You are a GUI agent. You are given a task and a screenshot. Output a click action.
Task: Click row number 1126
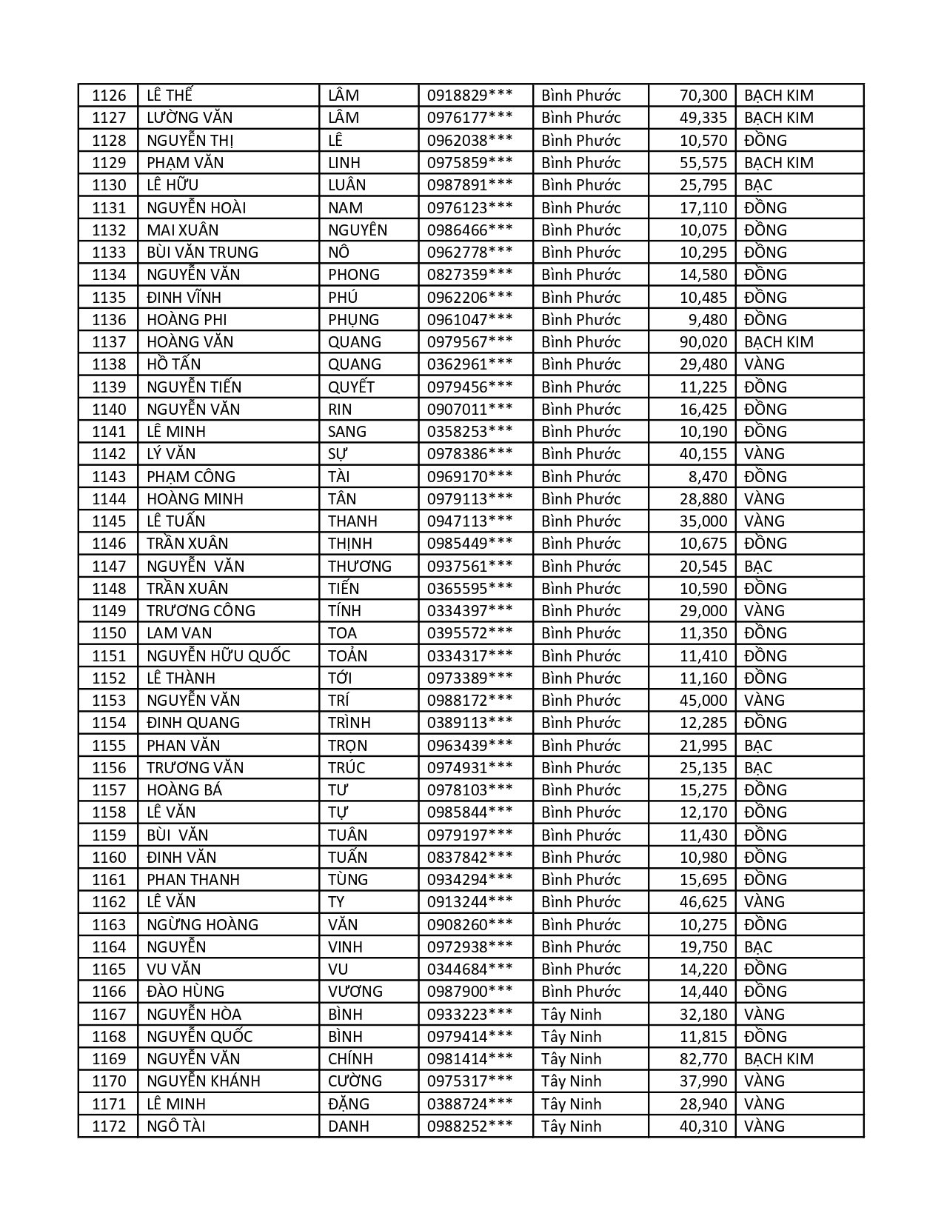(109, 96)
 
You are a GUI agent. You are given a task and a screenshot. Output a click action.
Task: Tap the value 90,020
(703, 342)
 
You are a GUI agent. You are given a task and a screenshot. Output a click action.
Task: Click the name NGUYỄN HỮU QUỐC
(218, 656)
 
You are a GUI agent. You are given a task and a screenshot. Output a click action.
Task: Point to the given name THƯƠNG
(360, 567)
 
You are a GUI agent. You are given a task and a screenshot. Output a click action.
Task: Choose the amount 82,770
(703, 1059)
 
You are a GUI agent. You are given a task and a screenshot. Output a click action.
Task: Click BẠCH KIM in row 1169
(778, 1059)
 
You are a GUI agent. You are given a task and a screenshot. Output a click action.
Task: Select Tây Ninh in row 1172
(571, 1126)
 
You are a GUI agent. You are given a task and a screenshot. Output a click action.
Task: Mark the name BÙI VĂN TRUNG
(202, 253)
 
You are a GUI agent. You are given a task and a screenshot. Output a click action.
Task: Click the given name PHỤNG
(353, 320)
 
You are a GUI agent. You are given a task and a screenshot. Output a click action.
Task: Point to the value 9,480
(708, 320)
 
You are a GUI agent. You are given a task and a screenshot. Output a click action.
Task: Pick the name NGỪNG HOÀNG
(202, 925)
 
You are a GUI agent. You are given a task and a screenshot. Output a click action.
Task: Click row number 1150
(109, 633)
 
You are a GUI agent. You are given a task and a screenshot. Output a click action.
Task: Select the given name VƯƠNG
(355, 992)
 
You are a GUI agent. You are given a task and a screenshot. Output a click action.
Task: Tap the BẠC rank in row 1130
(758, 185)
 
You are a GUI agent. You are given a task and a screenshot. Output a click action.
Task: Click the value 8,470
(708, 477)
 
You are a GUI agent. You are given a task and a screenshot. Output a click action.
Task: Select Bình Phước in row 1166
(580, 992)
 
